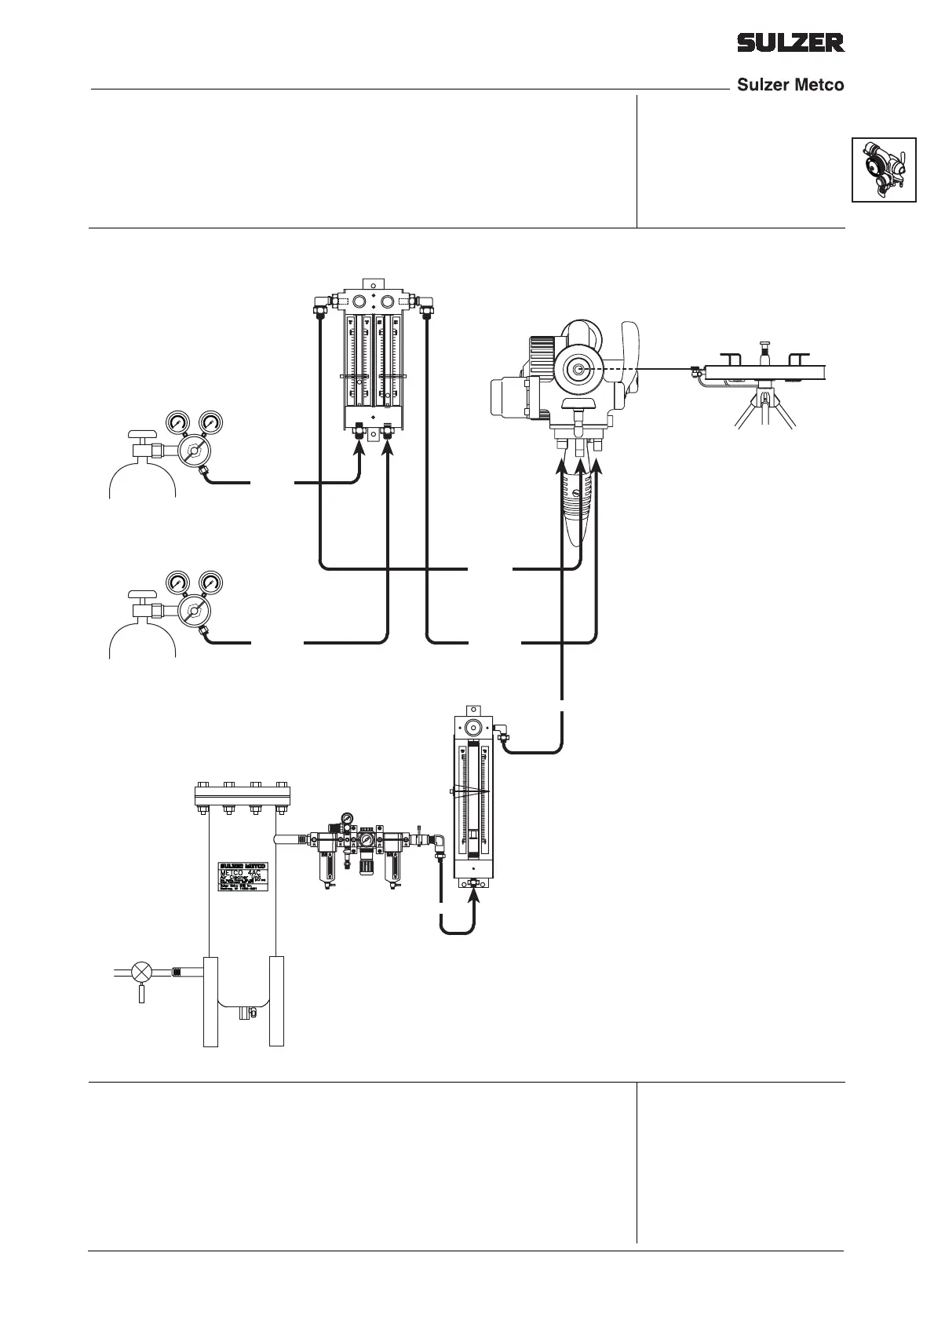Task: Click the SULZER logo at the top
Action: coord(790,42)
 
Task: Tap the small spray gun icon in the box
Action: coord(884,170)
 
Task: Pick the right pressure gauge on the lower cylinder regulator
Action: coord(210,582)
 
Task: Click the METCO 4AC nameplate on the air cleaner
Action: coord(242,875)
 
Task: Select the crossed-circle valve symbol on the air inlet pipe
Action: coord(142,971)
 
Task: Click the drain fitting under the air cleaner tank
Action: coord(243,1013)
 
